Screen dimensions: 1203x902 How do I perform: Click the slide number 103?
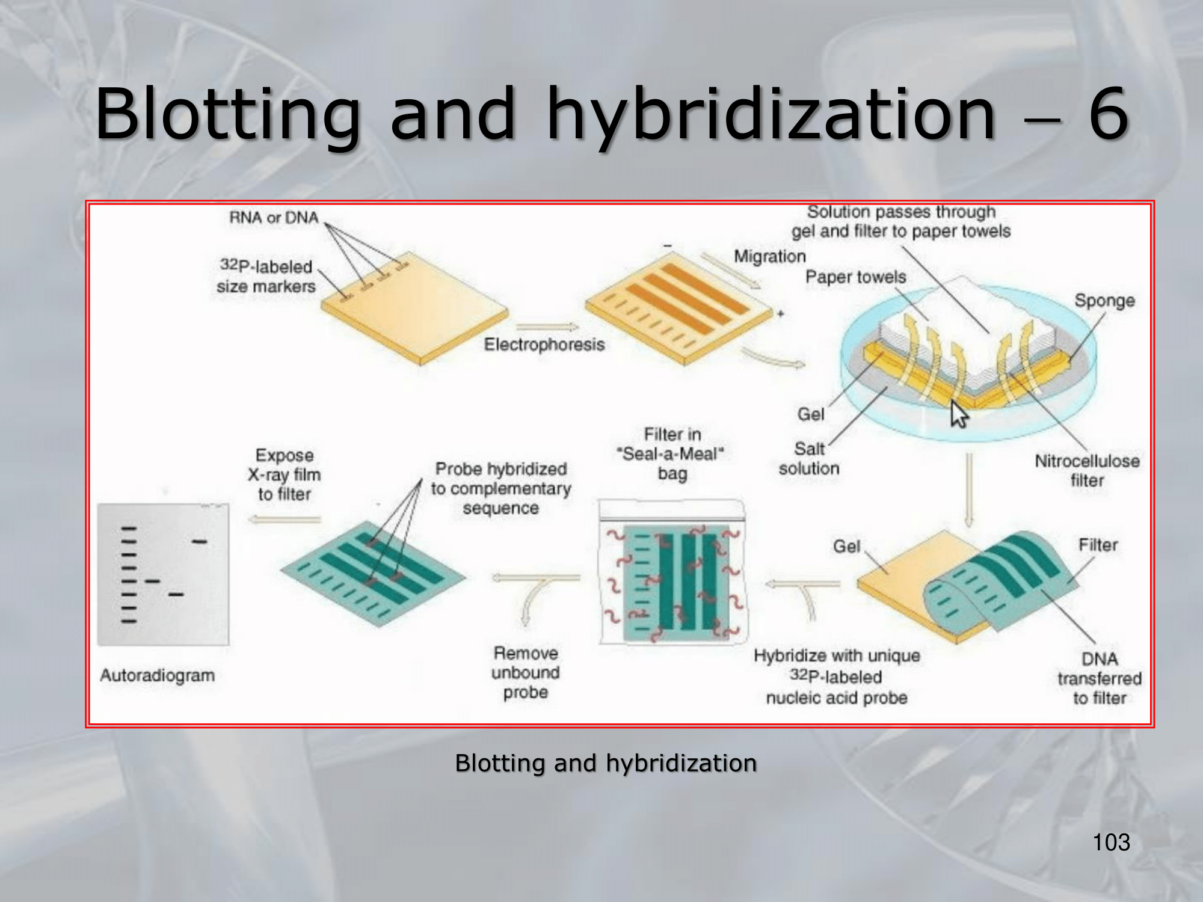point(1111,842)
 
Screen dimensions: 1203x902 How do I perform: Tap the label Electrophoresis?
point(544,345)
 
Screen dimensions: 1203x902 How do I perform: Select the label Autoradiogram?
point(157,675)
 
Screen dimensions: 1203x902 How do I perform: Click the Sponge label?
point(1104,300)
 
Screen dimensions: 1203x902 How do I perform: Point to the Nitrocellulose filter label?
point(1087,470)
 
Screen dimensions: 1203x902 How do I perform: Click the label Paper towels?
point(855,277)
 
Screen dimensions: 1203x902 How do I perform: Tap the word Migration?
point(769,256)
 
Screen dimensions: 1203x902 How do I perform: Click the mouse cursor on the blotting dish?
point(959,414)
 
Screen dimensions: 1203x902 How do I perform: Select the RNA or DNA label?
point(274,217)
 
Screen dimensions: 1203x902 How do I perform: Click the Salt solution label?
point(809,458)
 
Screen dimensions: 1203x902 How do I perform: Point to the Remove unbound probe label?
point(525,672)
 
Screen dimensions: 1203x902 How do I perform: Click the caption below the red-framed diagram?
point(606,763)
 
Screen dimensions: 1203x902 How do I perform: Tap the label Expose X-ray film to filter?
point(284,474)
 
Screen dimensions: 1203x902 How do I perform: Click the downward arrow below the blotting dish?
point(968,490)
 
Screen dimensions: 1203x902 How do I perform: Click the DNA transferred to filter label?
point(1099,678)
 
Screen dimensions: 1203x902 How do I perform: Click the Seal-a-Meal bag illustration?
point(672,572)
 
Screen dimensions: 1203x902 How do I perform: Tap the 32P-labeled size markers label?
point(266,276)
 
